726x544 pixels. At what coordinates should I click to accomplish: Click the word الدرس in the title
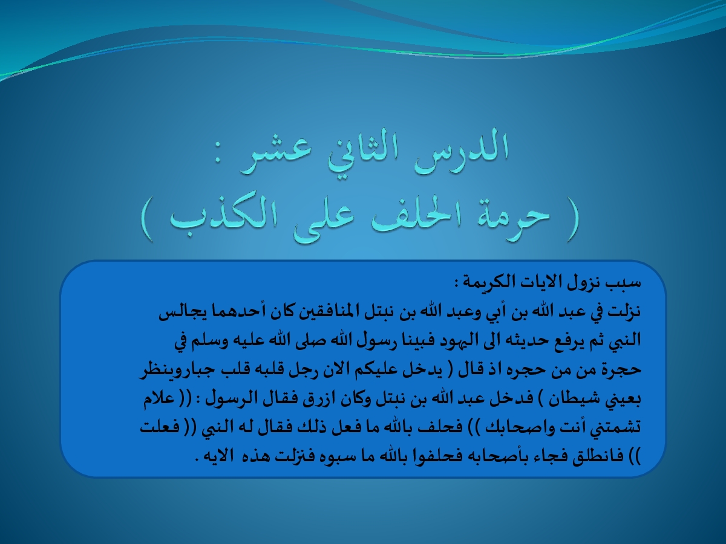click(x=461, y=151)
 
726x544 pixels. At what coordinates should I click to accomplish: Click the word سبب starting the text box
click(x=625, y=283)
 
